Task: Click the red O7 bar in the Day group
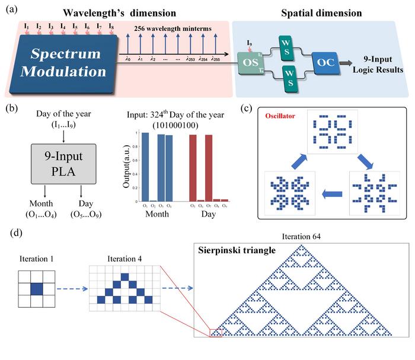click(209, 168)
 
